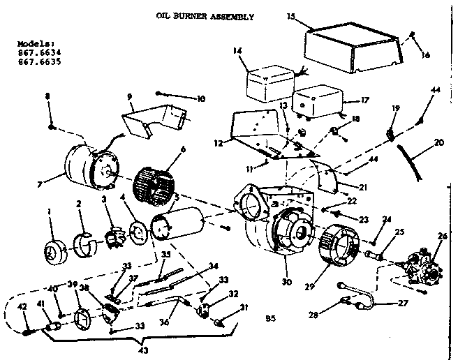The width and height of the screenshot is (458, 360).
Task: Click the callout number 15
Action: point(291,15)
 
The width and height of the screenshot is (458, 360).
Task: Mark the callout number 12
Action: point(217,144)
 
